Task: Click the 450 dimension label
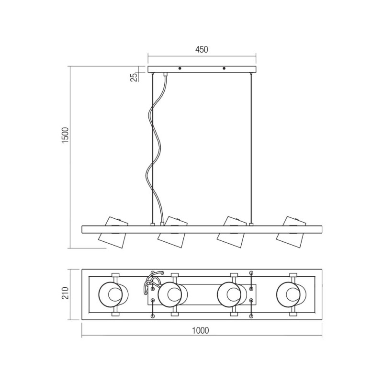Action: pyautogui.click(x=202, y=49)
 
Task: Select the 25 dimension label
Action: pyautogui.click(x=135, y=77)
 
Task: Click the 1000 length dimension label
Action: pyautogui.click(x=202, y=331)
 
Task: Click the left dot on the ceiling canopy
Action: pyautogui.click(x=180, y=69)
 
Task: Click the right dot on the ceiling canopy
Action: pyautogui.click(x=224, y=69)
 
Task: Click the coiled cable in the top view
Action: pyautogui.click(x=151, y=282)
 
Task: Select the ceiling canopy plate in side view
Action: pyautogui.click(x=202, y=69)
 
